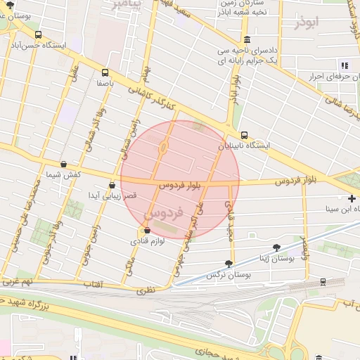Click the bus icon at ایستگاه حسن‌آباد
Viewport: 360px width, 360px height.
click(x=37, y=34)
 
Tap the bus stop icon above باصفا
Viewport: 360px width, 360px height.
click(x=105, y=72)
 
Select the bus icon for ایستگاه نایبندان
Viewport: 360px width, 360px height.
click(x=244, y=135)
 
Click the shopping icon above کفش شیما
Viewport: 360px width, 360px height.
click(x=64, y=164)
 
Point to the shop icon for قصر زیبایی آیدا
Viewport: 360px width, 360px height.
click(x=111, y=186)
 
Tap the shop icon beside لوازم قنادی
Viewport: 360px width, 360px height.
click(x=146, y=231)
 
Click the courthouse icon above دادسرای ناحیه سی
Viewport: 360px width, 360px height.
click(x=246, y=40)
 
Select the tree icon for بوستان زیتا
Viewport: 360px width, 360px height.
click(x=276, y=247)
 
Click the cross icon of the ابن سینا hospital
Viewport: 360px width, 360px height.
click(x=352, y=199)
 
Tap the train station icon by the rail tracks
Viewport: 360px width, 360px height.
click(x=323, y=282)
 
